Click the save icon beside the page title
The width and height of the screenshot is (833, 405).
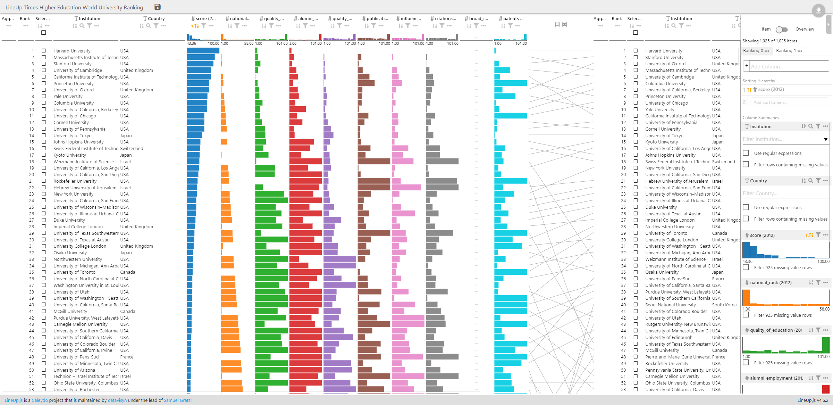[157, 7]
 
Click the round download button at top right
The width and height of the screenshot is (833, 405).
[818, 10]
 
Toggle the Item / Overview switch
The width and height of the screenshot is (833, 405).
[782, 30]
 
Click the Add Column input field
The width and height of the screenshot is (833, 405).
[788, 66]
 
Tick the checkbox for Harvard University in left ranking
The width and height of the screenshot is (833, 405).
[44, 51]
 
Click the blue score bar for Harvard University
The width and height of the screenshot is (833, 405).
[203, 51]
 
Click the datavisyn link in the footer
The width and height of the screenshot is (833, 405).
[117, 400]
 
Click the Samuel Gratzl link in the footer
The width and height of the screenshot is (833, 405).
[177, 400]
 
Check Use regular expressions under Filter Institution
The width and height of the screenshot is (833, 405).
[746, 153]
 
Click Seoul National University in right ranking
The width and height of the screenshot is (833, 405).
[671, 305]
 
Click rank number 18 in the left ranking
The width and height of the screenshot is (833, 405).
[32, 162]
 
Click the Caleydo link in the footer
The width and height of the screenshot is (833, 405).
[40, 400]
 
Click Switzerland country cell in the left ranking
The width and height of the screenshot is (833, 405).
[132, 149]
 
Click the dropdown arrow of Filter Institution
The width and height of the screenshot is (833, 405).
[826, 139]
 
